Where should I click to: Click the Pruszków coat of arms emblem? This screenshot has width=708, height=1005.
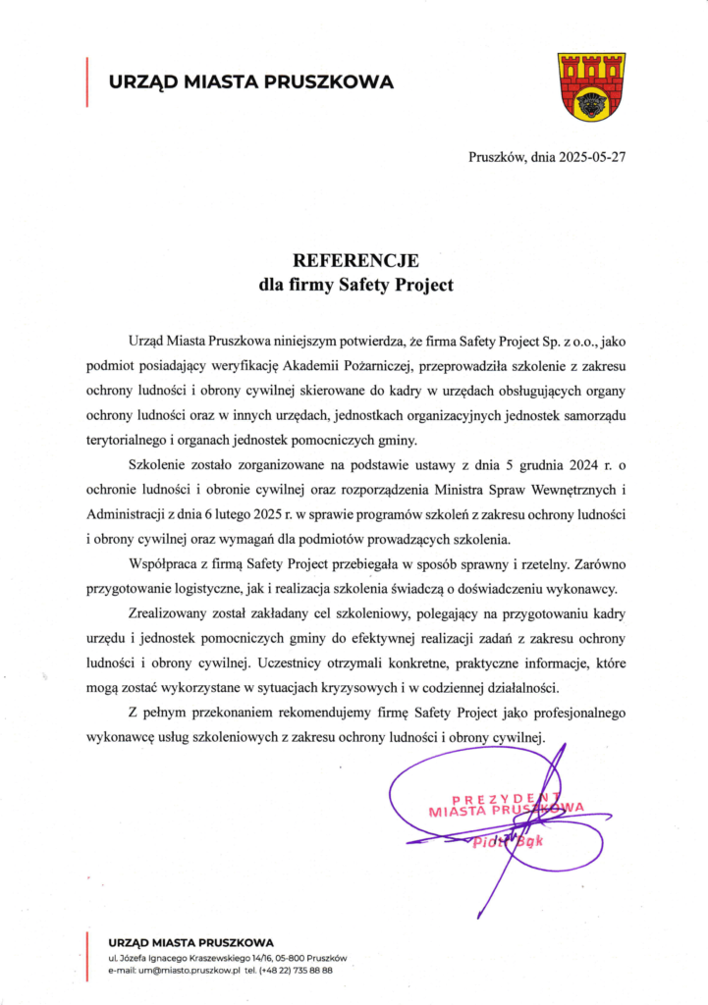tap(591, 87)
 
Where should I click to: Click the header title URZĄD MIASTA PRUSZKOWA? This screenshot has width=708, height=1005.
tap(250, 82)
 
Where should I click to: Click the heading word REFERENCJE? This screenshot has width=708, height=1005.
tap(356, 261)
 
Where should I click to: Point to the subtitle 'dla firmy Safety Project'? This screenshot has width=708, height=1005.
tap(355, 287)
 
